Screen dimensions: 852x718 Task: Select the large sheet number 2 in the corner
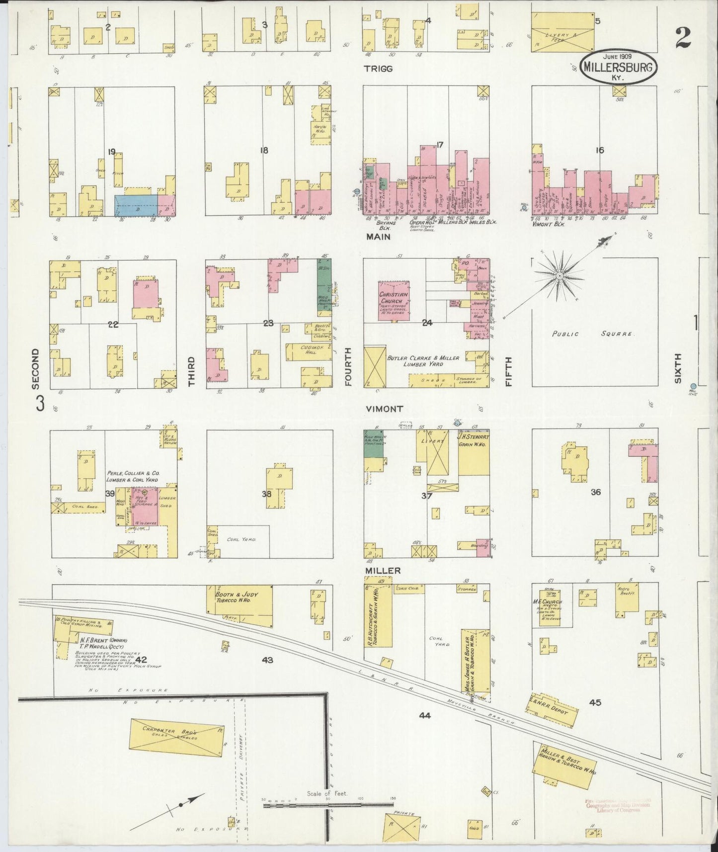(x=684, y=38)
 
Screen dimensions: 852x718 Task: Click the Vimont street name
(x=384, y=409)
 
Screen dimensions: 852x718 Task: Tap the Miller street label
(x=383, y=571)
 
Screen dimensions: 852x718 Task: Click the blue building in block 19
(x=136, y=205)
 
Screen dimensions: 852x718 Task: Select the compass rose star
(x=559, y=275)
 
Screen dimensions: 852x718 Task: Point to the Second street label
(x=35, y=368)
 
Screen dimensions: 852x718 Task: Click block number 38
(x=267, y=495)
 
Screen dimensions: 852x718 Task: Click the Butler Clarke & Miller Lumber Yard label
(x=416, y=361)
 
